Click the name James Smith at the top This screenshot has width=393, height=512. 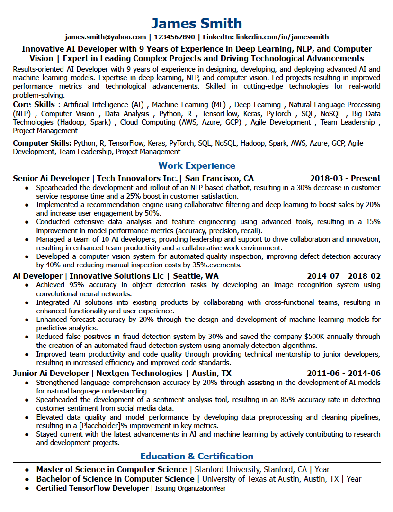click(196, 23)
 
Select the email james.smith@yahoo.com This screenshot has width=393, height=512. click(105, 37)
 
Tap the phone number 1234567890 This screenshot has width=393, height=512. click(175, 37)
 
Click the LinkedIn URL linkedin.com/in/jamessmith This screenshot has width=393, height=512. click(283, 37)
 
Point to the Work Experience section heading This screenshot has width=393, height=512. click(196, 165)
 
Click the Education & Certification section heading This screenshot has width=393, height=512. click(196, 456)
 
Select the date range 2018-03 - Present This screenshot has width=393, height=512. click(345, 178)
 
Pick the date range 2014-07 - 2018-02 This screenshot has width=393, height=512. click(343, 276)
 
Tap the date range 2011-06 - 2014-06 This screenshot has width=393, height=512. click(343, 373)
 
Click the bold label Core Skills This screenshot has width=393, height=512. click(34, 104)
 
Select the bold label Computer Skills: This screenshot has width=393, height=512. click(42, 143)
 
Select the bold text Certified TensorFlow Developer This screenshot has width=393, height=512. click(92, 488)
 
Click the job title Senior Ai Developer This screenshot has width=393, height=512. click(51, 178)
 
